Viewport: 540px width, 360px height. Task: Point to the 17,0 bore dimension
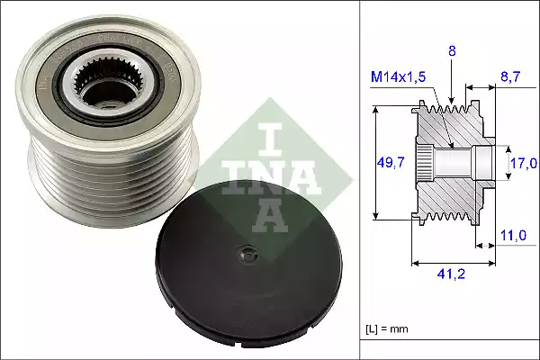coord(522,163)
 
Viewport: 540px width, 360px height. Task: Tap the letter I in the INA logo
coord(269,135)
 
